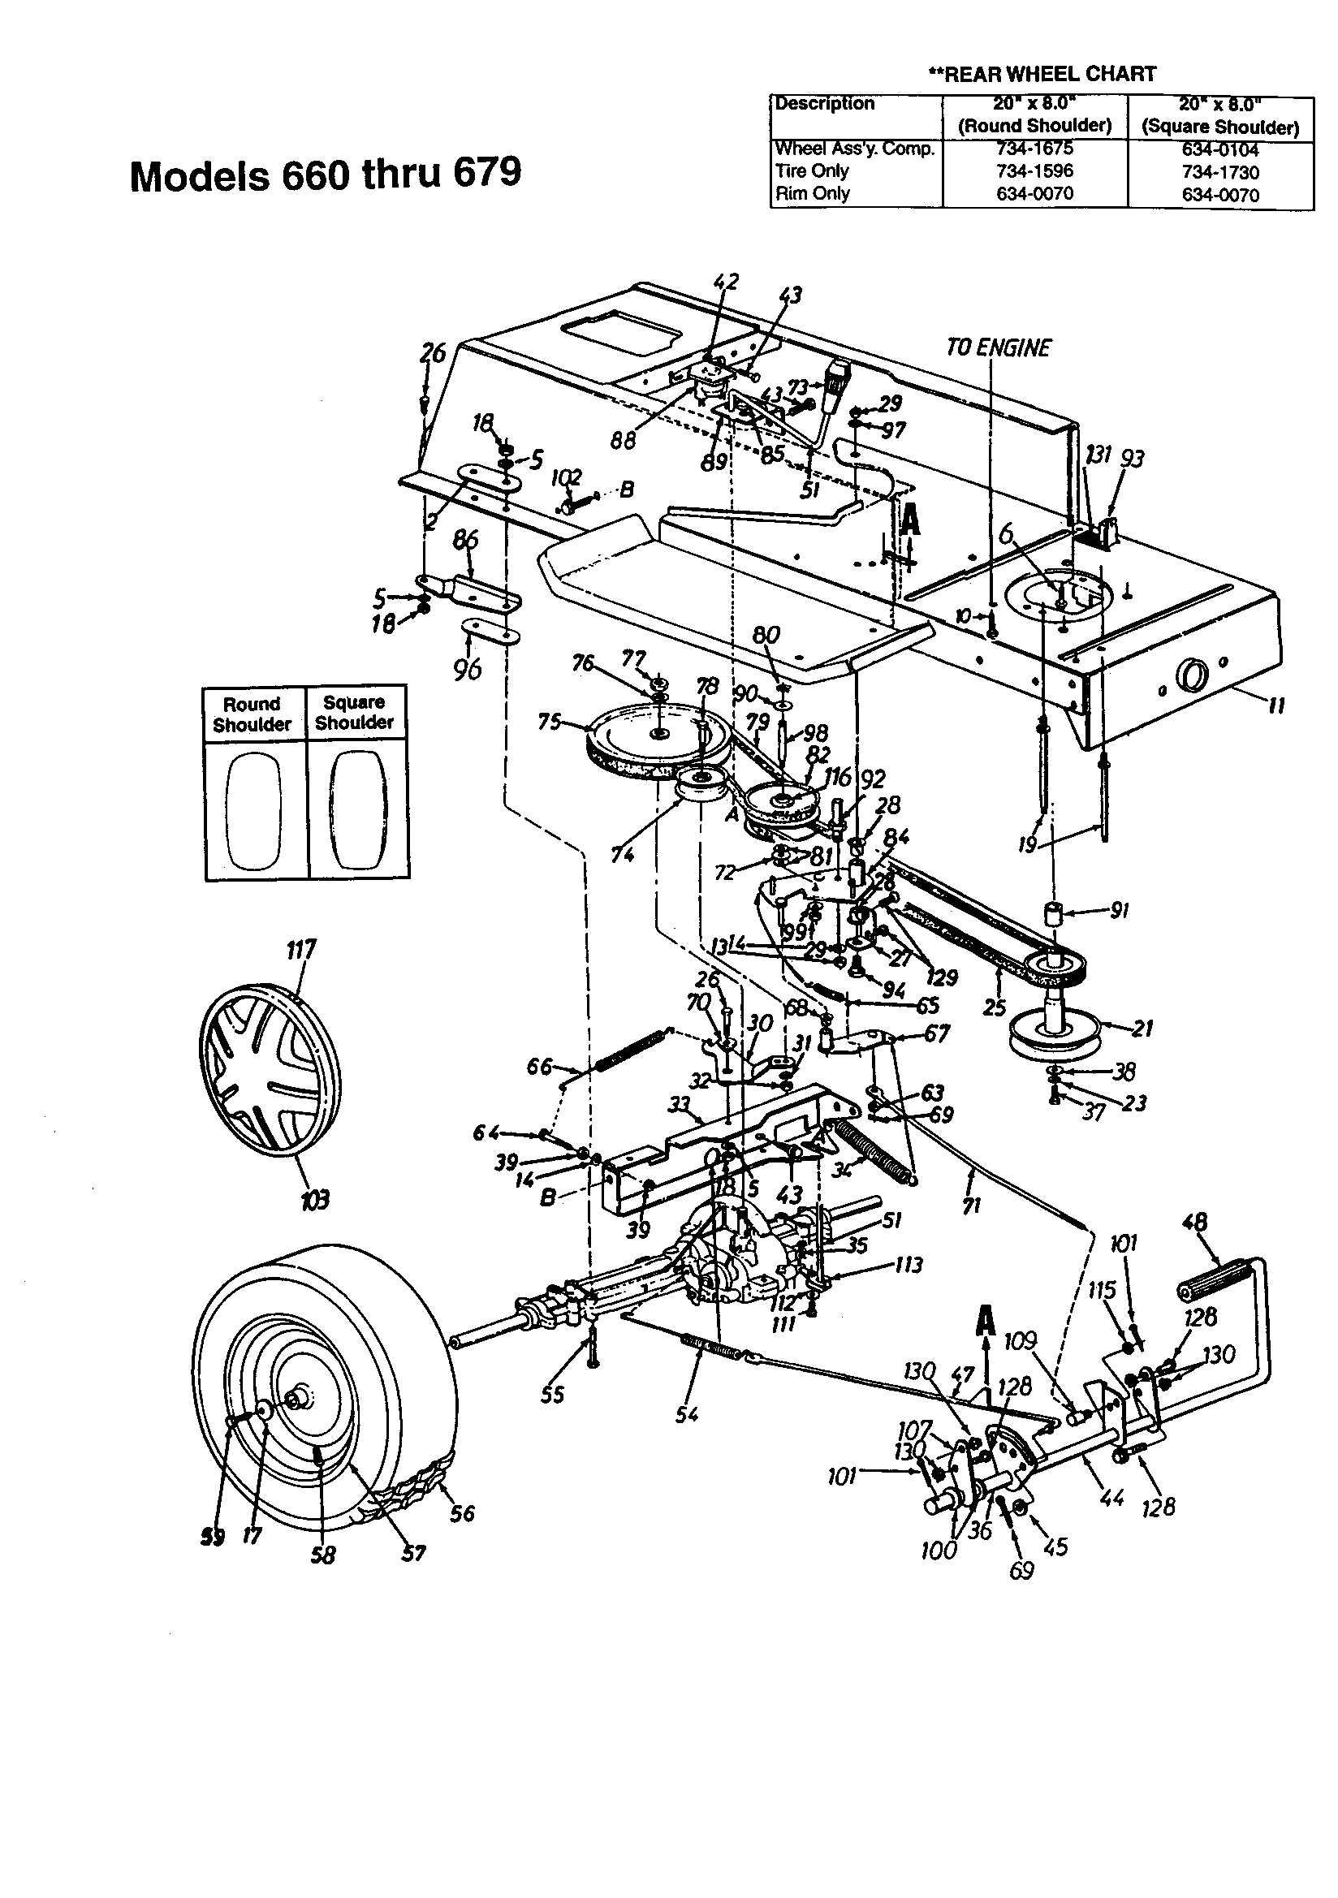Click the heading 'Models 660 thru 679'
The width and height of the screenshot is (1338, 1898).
(326, 175)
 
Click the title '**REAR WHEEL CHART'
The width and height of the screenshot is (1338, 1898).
(1041, 74)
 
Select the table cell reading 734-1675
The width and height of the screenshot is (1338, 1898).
(1034, 149)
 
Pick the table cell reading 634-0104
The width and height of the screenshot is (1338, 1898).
(1219, 149)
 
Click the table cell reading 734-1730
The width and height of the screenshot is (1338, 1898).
(1219, 172)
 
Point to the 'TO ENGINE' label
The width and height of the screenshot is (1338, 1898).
(998, 347)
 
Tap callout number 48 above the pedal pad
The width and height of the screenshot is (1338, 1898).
(1195, 1222)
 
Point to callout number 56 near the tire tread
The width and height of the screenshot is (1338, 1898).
(462, 1512)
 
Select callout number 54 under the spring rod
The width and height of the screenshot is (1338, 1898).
(686, 1414)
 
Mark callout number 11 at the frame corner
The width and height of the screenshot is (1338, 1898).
(1276, 705)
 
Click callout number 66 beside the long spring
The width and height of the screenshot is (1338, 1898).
(538, 1067)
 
